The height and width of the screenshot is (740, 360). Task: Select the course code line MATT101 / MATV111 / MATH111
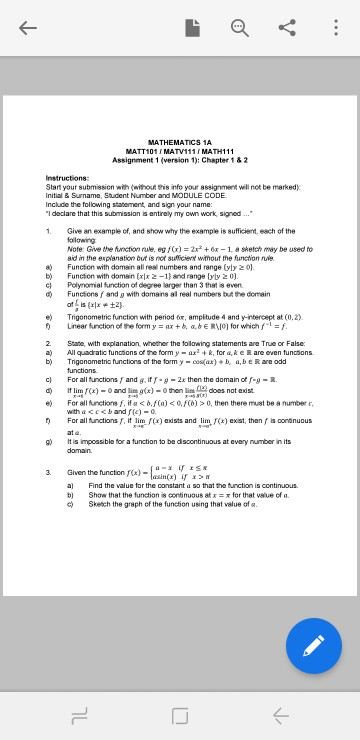[179, 150]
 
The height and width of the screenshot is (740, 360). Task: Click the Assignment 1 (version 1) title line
[179, 158]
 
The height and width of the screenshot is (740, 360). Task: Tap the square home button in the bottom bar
[180, 712]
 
